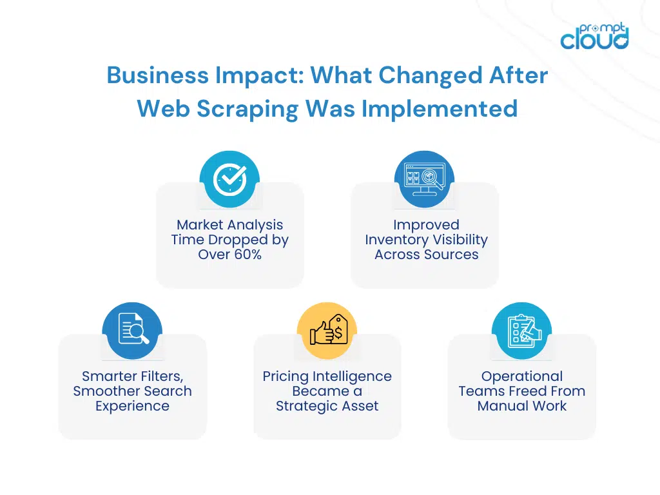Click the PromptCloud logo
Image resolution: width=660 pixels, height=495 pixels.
click(x=594, y=36)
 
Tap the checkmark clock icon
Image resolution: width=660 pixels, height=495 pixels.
click(x=229, y=179)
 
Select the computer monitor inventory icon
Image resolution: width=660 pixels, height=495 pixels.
click(x=424, y=179)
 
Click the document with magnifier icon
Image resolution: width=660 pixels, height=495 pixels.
click(x=132, y=331)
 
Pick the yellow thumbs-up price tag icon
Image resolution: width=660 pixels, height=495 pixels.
click(x=327, y=331)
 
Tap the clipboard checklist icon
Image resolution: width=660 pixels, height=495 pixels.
click(x=522, y=331)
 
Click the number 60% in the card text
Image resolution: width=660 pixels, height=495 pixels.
click(x=248, y=254)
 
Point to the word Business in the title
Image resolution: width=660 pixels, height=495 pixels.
click(x=158, y=75)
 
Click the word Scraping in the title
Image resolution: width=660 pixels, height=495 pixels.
click(x=248, y=110)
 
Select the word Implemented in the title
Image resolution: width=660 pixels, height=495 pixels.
click(x=440, y=108)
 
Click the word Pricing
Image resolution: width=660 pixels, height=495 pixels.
click(x=286, y=376)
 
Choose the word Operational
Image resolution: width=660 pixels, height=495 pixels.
click(x=522, y=376)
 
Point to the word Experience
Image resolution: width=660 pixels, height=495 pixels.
click(x=132, y=406)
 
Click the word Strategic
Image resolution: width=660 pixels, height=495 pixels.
click(x=306, y=406)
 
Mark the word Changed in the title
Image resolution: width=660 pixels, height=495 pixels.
click(x=430, y=77)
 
